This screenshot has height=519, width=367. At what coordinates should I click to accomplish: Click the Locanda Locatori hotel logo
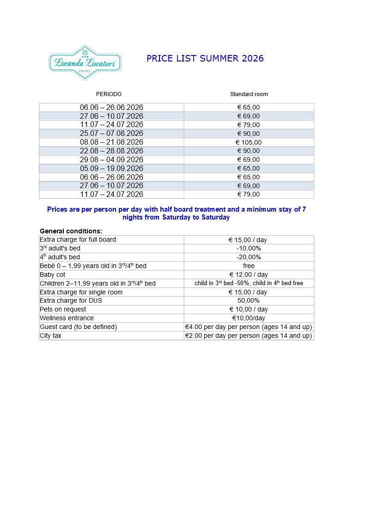coord(85,63)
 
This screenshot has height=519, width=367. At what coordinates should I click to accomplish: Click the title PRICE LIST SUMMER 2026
coord(205,58)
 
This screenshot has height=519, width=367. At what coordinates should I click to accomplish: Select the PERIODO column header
coord(109,94)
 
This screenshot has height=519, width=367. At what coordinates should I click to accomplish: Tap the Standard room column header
coord(249,94)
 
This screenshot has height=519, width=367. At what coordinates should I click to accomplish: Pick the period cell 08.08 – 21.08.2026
coord(111,142)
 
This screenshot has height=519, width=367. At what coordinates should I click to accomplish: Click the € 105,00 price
coord(249,142)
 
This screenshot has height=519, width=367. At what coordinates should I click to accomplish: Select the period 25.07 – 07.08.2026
coord(111,134)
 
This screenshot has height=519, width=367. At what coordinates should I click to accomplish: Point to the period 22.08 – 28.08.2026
coord(111,151)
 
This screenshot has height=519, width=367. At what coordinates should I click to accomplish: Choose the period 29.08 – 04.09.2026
coord(111,160)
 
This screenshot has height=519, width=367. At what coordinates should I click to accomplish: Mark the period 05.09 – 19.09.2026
coord(111,169)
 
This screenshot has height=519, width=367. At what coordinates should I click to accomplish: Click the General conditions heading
coord(71,231)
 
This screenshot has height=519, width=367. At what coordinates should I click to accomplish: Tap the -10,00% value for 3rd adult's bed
coord(249,249)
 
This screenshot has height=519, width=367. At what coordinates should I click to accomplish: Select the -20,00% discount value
coord(249,257)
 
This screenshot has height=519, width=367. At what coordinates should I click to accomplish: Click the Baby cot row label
coord(53,275)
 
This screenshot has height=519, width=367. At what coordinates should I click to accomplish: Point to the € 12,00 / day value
coord(249,275)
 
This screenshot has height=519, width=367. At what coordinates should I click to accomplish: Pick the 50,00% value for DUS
coord(249,301)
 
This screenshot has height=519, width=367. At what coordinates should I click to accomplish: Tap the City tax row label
coord(50,336)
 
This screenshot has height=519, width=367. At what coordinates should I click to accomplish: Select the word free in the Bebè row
coord(249,266)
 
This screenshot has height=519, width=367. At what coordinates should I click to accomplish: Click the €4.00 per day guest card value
coord(249,327)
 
